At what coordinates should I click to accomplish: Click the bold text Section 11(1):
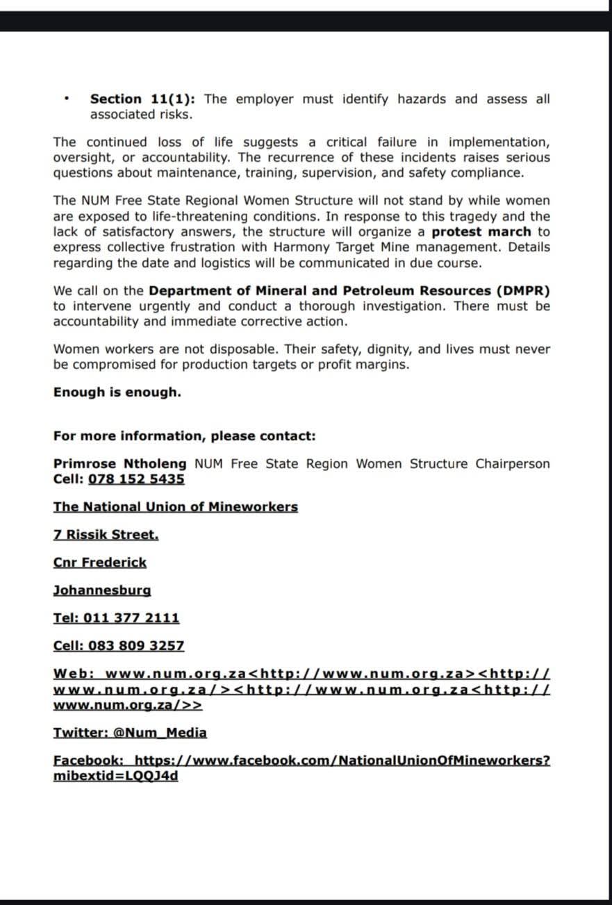click(144, 99)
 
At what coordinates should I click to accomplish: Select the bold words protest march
click(481, 232)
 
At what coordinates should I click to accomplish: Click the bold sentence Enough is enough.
click(117, 392)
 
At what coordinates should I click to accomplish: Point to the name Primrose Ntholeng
click(119, 464)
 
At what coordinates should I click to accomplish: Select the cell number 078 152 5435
click(136, 479)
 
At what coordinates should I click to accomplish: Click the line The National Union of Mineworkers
click(175, 507)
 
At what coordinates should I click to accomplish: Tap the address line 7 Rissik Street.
click(106, 535)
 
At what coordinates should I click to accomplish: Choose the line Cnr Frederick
click(99, 563)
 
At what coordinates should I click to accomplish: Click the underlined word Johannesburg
click(101, 590)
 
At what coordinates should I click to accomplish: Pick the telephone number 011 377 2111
click(131, 618)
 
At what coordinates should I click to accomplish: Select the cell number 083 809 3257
click(136, 646)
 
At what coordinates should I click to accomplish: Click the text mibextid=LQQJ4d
click(115, 776)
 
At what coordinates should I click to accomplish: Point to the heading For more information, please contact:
click(184, 436)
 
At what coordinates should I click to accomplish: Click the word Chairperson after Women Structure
click(512, 464)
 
